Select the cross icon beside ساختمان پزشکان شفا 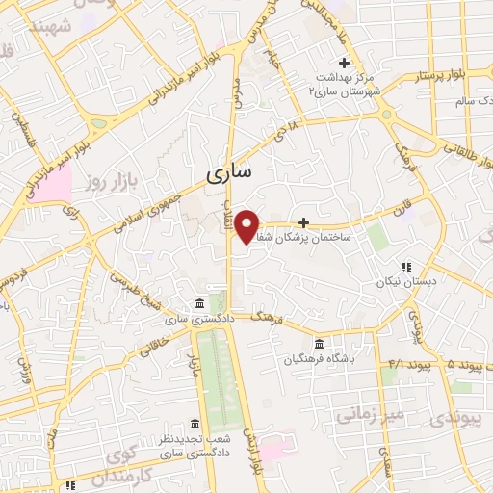coord(304,222)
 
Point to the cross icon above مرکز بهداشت coord(344,64)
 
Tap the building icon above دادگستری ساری coord(200,301)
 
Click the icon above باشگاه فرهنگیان coord(319,344)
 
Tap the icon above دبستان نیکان coord(405,267)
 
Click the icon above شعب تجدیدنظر coord(195,424)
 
